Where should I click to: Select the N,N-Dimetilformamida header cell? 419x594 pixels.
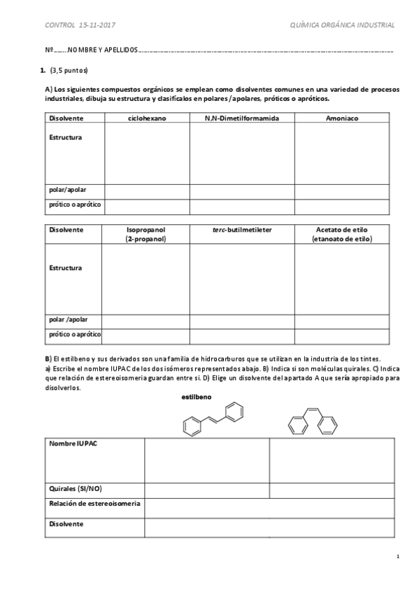tap(241, 118)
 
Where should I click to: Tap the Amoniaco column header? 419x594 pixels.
tap(342, 118)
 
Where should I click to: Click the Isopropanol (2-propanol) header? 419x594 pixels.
tap(146, 234)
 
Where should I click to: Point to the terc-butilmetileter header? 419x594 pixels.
tap(242, 230)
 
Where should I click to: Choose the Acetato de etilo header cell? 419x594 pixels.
tap(342, 234)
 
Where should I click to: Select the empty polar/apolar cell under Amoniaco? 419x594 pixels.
tap(342, 191)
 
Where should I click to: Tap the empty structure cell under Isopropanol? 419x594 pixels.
tap(146, 278)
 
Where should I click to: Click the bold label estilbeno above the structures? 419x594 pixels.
tap(196, 396)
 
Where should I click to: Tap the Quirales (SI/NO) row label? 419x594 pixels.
tap(80, 488)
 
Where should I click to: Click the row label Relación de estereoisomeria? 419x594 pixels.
tap(94, 504)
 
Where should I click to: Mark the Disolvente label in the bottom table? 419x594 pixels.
tap(66, 523)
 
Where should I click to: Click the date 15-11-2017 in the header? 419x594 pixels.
tap(98, 25)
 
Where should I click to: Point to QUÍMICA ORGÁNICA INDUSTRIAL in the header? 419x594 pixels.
tap(342, 25)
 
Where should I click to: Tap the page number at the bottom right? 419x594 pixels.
tap(397, 557)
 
